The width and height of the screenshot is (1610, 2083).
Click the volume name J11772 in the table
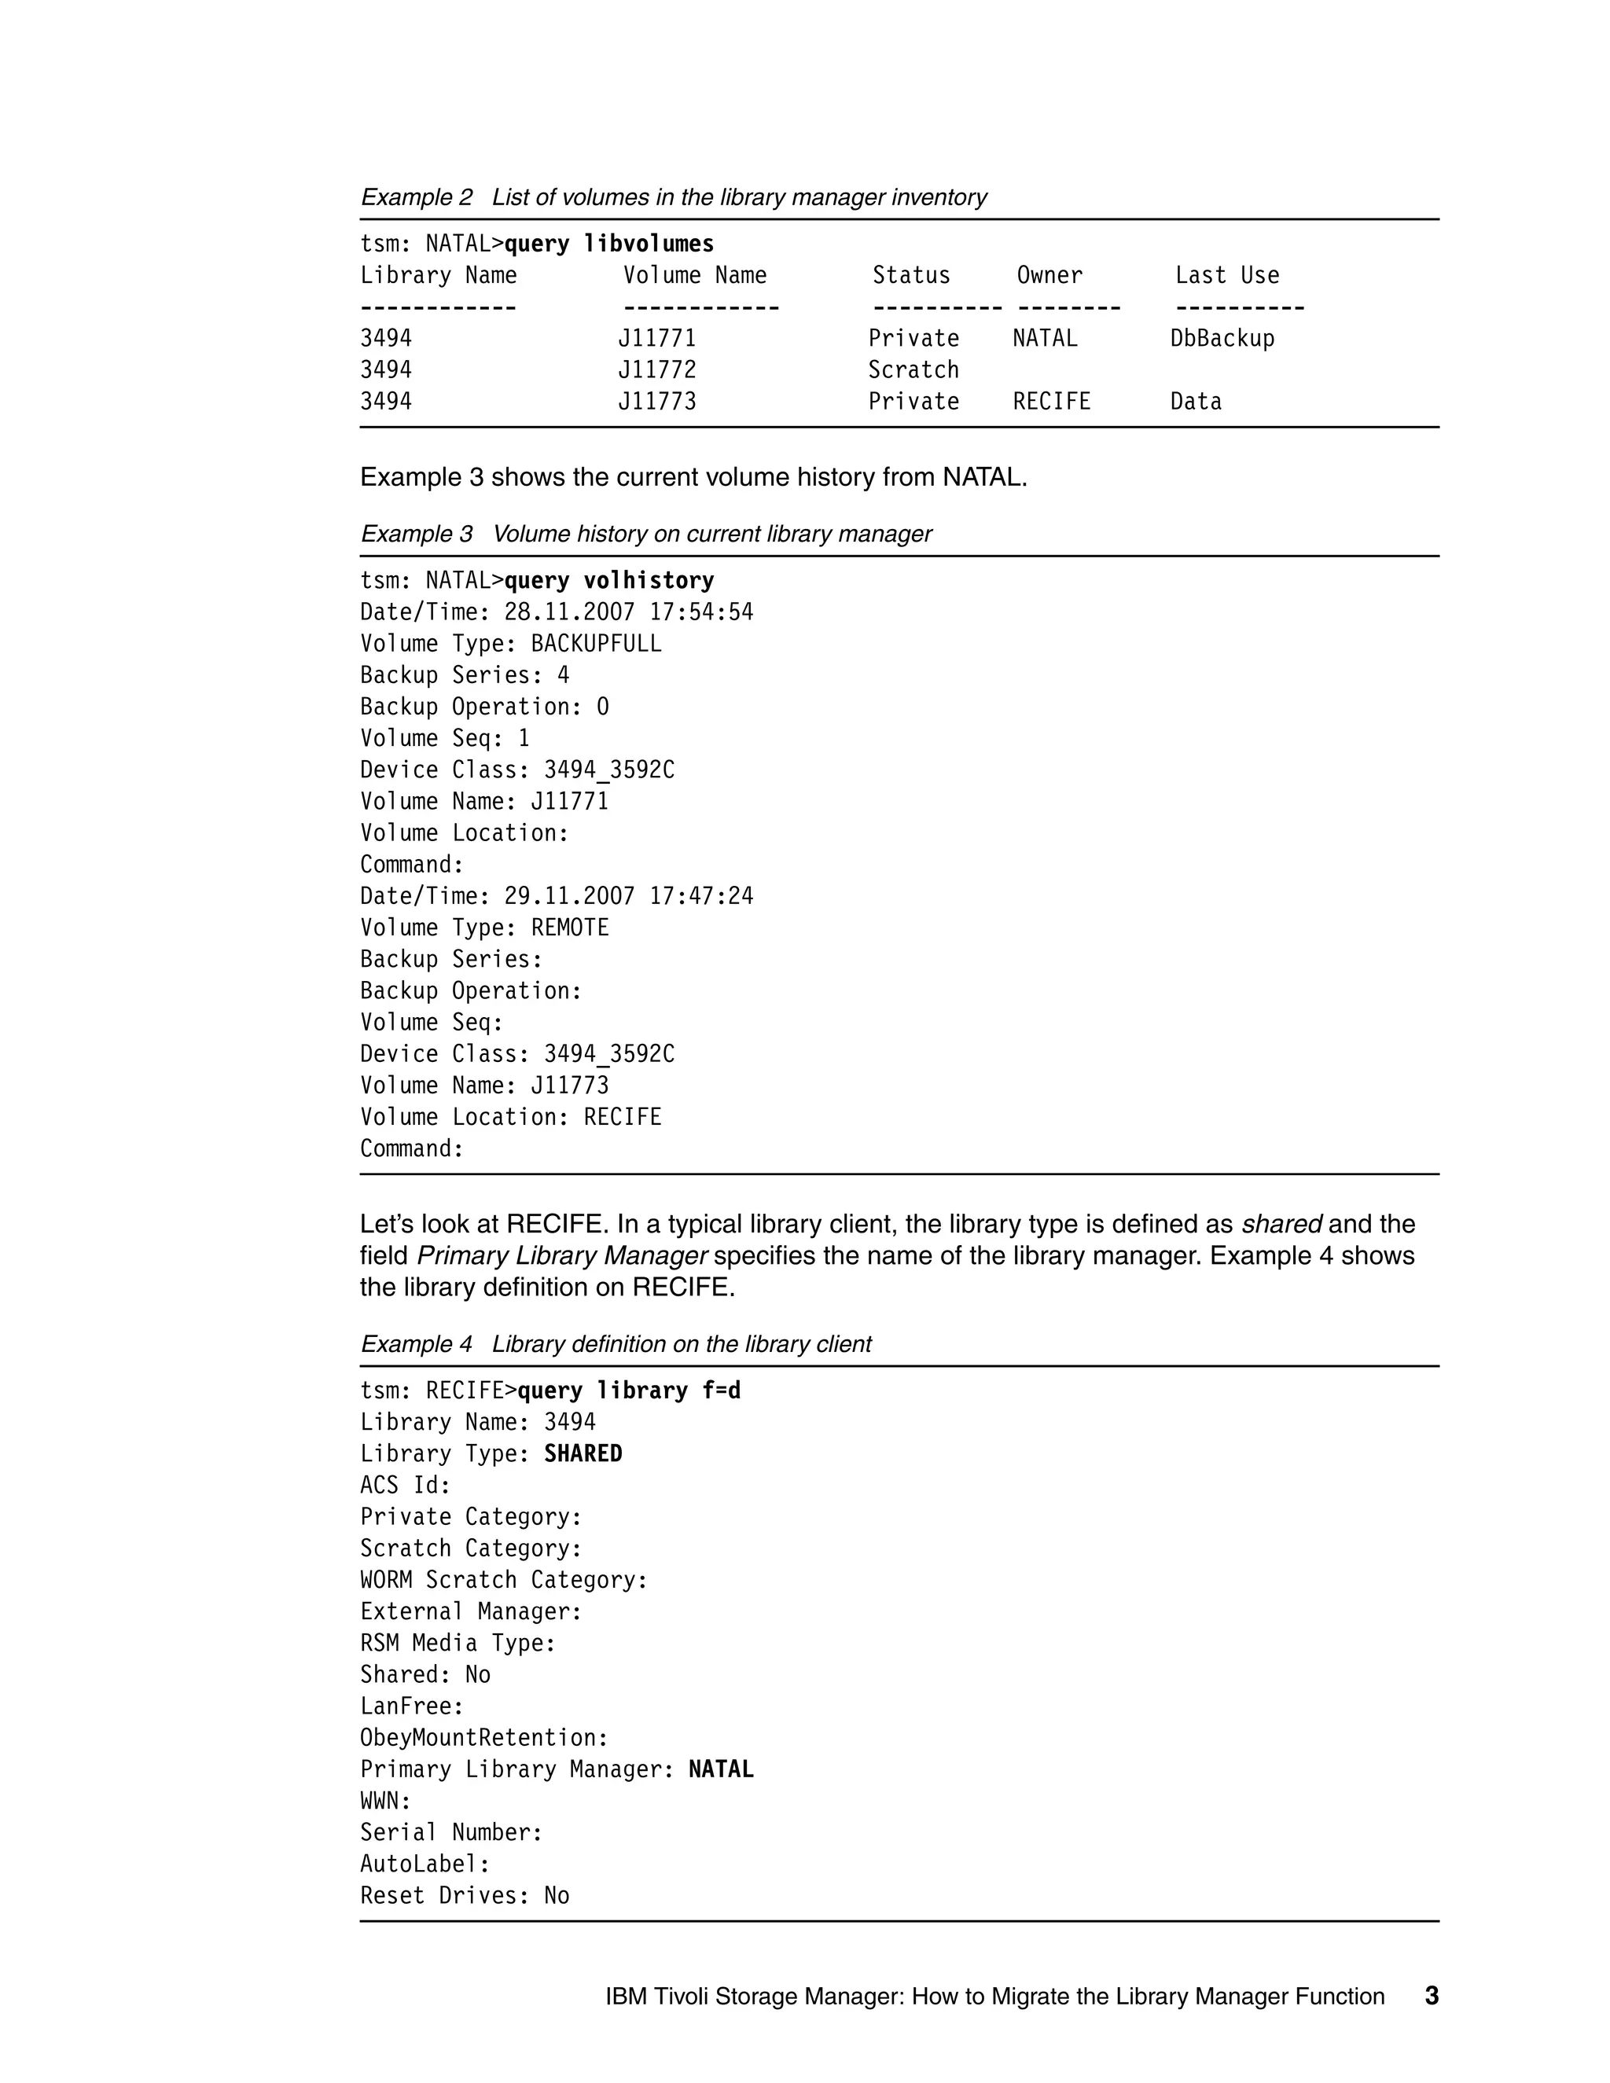[x=657, y=370]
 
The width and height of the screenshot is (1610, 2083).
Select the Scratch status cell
[x=913, y=370]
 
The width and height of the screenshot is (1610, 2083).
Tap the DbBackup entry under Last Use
[x=1222, y=339]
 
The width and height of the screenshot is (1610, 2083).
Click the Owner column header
[x=1049, y=276]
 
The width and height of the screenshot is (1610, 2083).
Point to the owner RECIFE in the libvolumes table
[x=1051, y=402]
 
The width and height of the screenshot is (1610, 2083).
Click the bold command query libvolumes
[x=608, y=244]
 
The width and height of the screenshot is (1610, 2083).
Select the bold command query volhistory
[x=608, y=581]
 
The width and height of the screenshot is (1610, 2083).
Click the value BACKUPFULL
[x=596, y=644]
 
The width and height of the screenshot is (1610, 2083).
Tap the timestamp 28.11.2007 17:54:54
[x=629, y=612]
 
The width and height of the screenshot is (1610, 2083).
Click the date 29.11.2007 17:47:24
[x=629, y=897]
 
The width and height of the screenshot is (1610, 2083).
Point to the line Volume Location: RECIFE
[x=510, y=1117]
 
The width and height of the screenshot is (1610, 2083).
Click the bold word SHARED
[x=583, y=1453]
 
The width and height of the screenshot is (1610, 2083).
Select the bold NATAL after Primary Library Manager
[x=720, y=1769]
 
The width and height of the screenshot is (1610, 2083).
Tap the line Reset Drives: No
[x=465, y=1895]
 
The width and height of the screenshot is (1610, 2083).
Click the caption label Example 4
[x=416, y=1344]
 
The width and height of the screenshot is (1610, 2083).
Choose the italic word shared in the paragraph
[x=1281, y=1224]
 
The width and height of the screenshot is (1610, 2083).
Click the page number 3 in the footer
[x=1431, y=1997]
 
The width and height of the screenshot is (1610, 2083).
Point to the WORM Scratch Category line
[x=504, y=1581]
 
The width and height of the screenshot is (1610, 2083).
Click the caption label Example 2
[x=416, y=197]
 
